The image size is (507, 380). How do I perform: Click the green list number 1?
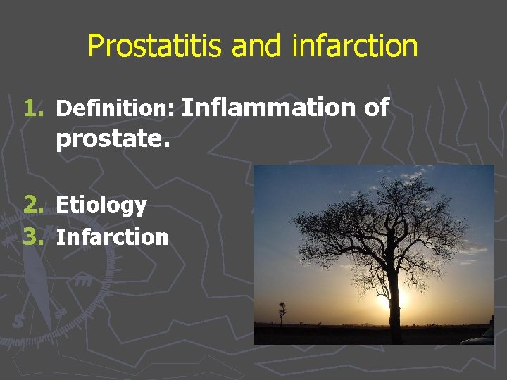pyautogui.click(x=33, y=108)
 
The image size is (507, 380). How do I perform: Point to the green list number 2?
pyautogui.click(x=33, y=205)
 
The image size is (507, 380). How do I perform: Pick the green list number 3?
pyautogui.click(x=33, y=237)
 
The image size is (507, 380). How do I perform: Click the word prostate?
pyautogui.click(x=113, y=139)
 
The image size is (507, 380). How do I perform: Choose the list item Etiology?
pyautogui.click(x=101, y=205)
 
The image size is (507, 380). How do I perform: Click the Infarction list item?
pyautogui.click(x=113, y=237)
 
